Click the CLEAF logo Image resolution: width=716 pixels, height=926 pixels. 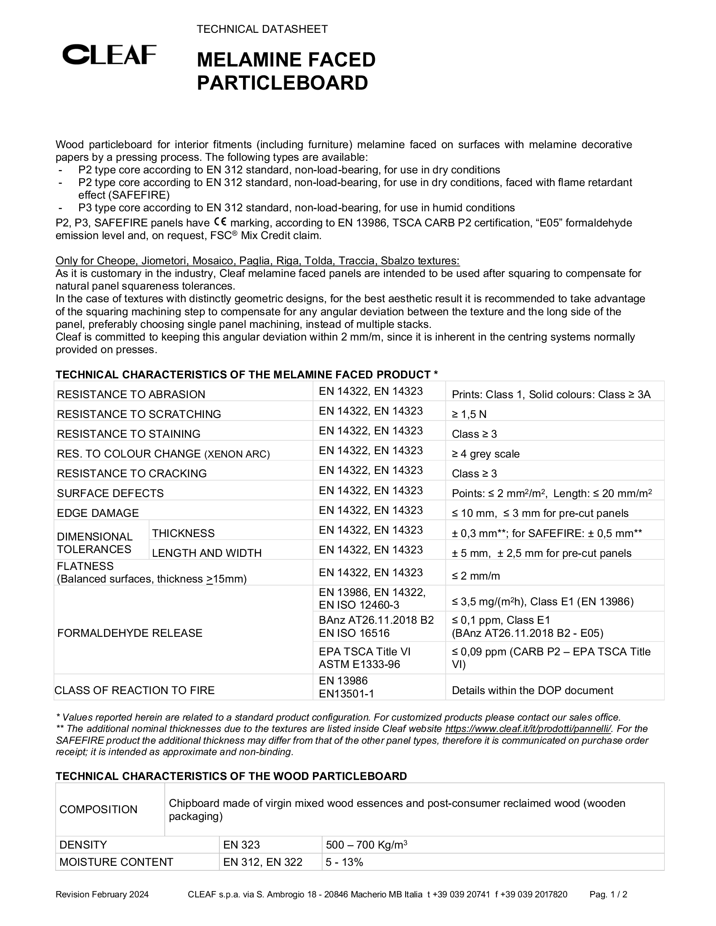(110, 55)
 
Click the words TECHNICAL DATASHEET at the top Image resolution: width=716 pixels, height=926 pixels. (262, 29)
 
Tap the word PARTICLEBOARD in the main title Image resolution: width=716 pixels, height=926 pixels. (283, 83)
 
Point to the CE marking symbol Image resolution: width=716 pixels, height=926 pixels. (220, 222)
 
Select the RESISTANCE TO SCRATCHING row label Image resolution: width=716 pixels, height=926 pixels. (139, 414)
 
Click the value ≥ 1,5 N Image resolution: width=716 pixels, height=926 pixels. (469, 414)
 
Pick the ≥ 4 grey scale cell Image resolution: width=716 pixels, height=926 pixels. (485, 454)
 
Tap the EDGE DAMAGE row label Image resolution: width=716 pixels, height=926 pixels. (98, 514)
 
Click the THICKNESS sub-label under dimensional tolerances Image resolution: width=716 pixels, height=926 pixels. (183, 533)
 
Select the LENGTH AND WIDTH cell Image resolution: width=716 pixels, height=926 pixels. (206, 553)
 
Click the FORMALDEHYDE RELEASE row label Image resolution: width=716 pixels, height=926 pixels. (130, 633)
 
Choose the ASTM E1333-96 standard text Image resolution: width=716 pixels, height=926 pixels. (359, 664)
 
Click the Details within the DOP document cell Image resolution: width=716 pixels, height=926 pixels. (532, 690)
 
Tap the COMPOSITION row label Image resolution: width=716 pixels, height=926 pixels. (99, 809)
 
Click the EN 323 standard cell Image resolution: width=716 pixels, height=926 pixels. (241, 845)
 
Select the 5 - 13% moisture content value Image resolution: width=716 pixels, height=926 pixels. (345, 862)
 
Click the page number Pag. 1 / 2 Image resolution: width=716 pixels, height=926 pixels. (608, 894)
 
